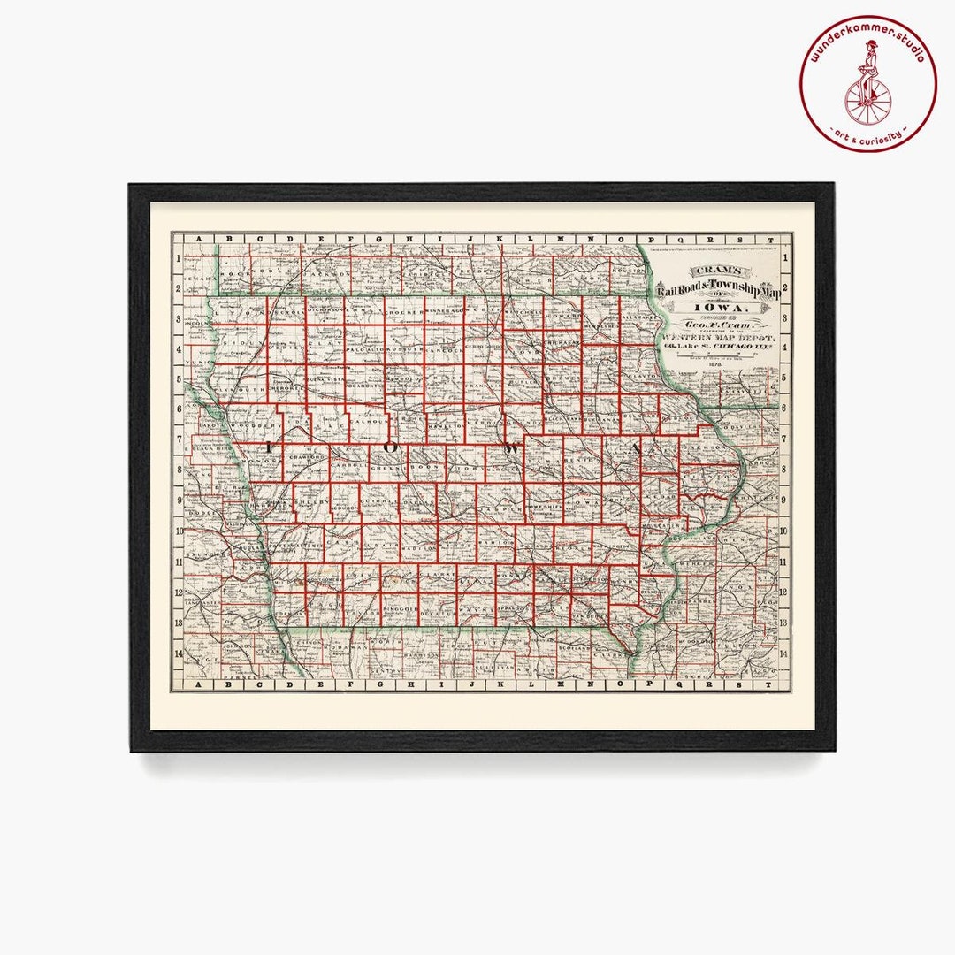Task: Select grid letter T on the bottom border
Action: tap(770, 684)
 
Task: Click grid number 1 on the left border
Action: tap(179, 258)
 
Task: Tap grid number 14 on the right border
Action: tap(784, 654)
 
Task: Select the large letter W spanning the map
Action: tap(510, 449)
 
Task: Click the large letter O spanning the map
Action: tap(390, 449)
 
